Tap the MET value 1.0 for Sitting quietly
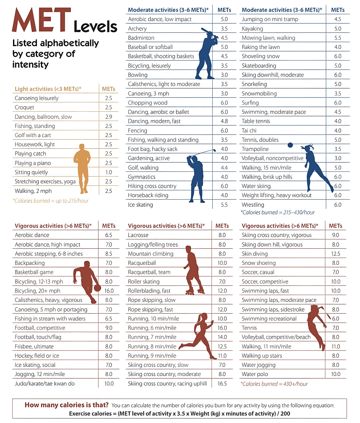[109, 172]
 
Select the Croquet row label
[24, 107]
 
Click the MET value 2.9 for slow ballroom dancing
[109, 117]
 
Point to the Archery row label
[137, 29]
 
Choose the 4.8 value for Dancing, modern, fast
[224, 121]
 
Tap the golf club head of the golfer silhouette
[214, 150]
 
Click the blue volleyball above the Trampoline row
[290, 145]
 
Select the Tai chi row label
[249, 131]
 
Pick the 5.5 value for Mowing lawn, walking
[338, 38]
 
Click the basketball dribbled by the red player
[97, 288]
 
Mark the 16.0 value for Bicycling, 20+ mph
[109, 291]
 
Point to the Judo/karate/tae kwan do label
[45, 383]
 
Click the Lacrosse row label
[138, 235]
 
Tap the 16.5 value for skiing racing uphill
[222, 383]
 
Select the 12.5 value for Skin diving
[336, 254]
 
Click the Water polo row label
[255, 374]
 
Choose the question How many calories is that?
[67, 405]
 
